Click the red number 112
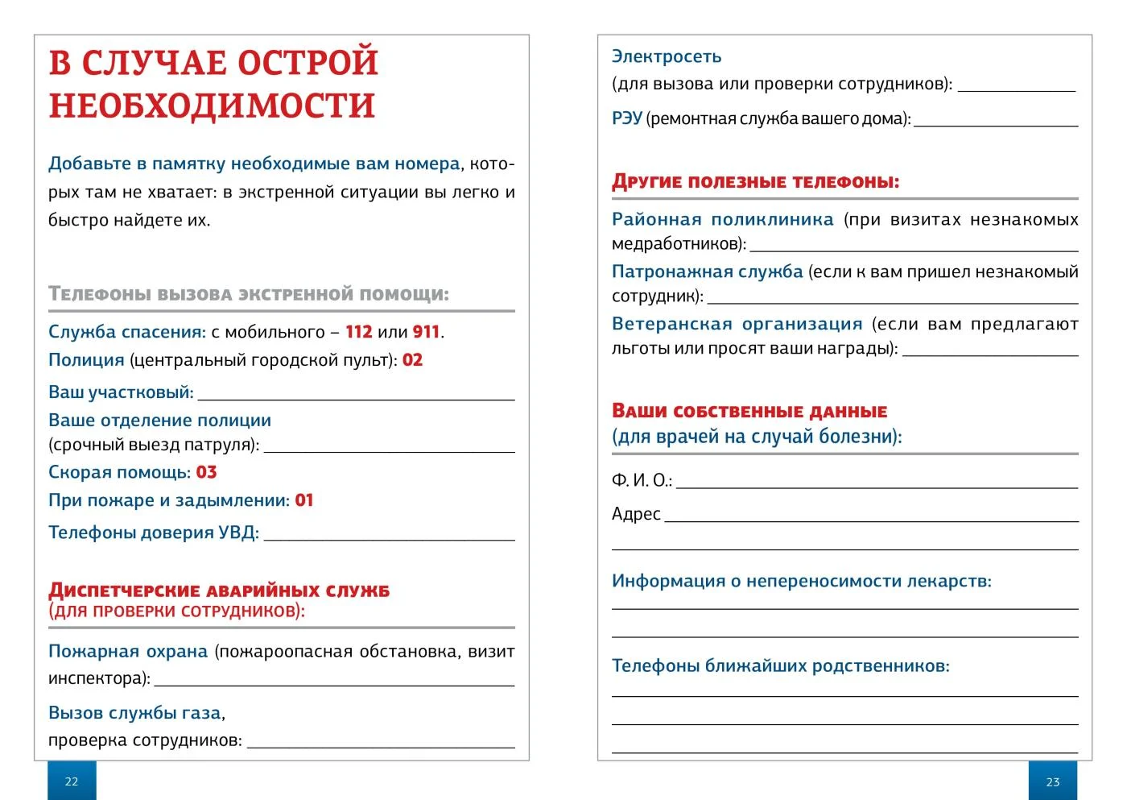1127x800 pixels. point(358,332)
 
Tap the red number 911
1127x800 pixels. point(426,332)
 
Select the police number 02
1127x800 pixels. point(412,360)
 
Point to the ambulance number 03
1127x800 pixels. point(206,472)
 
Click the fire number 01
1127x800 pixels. point(303,500)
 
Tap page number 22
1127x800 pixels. point(72,781)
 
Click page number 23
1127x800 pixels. point(1053,781)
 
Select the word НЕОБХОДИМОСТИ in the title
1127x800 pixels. point(213,106)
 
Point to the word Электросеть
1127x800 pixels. point(667,56)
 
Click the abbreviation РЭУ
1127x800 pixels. point(626,119)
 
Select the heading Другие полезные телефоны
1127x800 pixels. point(755,181)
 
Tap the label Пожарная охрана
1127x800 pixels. point(128,651)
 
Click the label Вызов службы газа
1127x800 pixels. point(134,713)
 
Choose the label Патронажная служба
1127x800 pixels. point(707,272)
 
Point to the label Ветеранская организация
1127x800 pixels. point(737,324)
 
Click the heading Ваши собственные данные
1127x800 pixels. point(749,411)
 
